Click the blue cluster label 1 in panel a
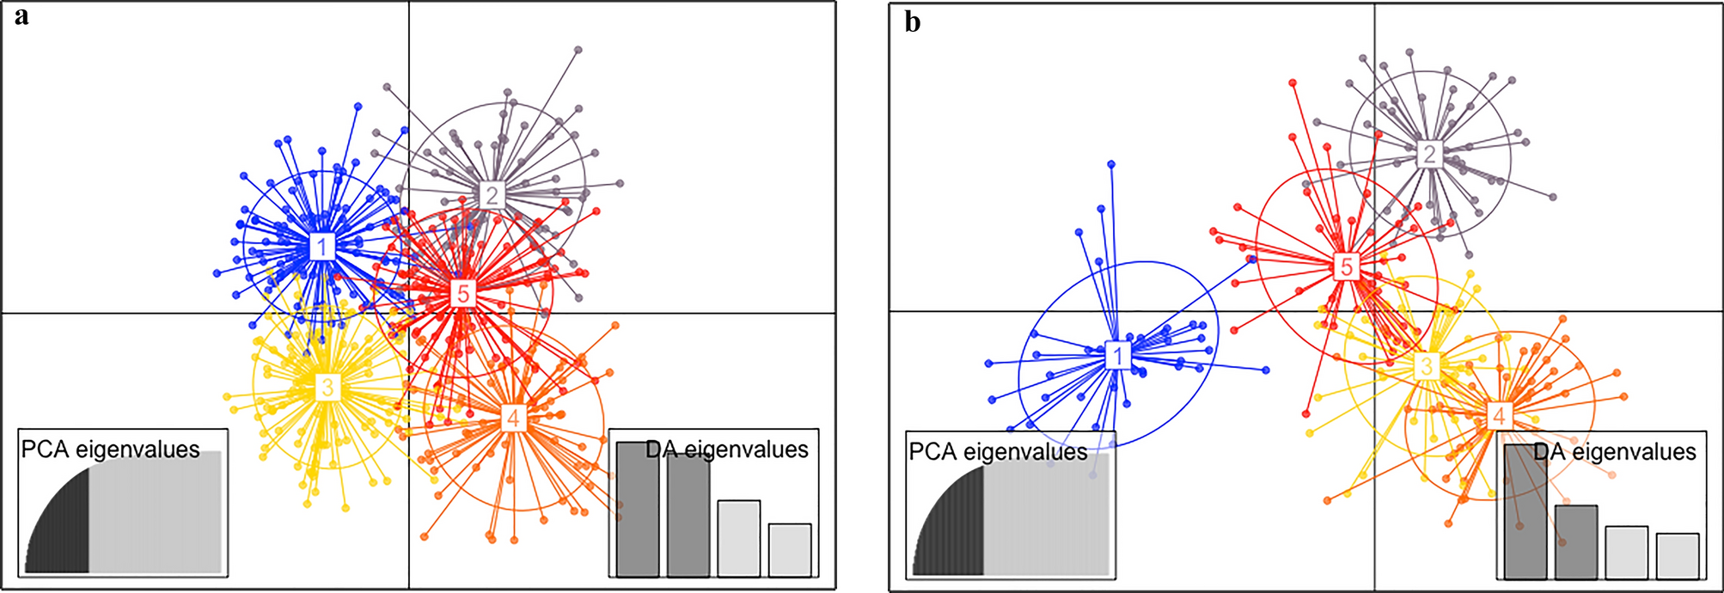[x=322, y=248]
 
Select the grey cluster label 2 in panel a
[x=492, y=195]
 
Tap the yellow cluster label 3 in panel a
[x=327, y=388]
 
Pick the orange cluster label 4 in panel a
[x=513, y=419]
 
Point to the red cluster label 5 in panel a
[x=463, y=294]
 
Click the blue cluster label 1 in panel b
[x=1118, y=354]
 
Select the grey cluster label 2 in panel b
[x=1428, y=154]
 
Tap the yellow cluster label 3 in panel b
[x=1427, y=367]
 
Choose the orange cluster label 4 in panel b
[x=1499, y=416]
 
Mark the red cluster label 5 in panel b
[x=1347, y=267]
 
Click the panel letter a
[x=21, y=16]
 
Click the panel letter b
[x=913, y=22]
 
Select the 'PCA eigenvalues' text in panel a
[x=110, y=449]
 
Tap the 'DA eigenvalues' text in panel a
[x=727, y=449]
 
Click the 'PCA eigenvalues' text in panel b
[x=998, y=452]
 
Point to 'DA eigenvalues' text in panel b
[x=1615, y=452]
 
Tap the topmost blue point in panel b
[x=1111, y=163]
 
